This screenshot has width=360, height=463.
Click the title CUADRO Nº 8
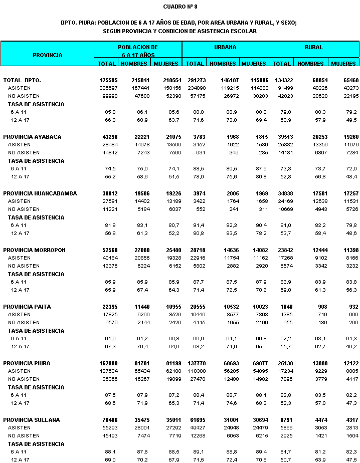[180, 7]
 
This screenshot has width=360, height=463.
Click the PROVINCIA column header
[48, 55]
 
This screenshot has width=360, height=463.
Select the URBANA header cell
[225, 47]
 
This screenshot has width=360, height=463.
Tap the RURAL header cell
[314, 47]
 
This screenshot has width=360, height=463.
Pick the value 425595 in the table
[108, 80]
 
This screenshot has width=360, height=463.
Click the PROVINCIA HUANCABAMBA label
[39, 193]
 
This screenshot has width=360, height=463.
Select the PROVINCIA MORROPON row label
[34, 250]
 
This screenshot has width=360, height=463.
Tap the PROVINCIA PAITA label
[27, 307]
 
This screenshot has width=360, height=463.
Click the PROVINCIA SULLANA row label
[31, 420]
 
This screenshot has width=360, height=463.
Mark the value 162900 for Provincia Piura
[108, 363]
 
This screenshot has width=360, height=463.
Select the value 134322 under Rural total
[282, 80]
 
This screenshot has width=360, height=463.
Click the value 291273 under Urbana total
[195, 80]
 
